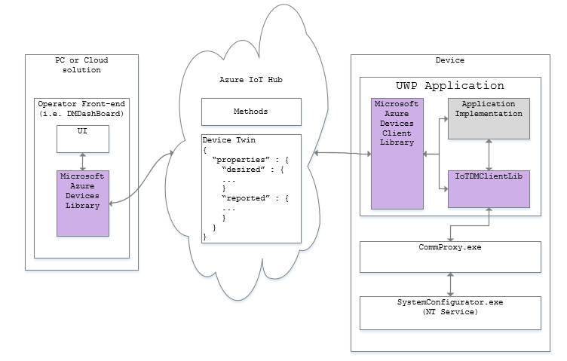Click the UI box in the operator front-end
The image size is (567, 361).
coord(83,139)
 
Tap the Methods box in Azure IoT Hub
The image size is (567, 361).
coord(251,112)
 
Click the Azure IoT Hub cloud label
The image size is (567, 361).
coord(250,80)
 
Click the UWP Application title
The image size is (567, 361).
coord(449,86)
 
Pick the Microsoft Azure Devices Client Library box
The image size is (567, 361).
coord(397,154)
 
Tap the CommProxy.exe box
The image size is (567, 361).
coord(450,256)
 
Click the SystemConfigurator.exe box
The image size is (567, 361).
coord(450,312)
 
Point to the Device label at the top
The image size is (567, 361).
coord(450,60)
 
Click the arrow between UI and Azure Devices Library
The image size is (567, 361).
coord(83,161)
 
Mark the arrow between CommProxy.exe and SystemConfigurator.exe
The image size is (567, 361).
coord(450,284)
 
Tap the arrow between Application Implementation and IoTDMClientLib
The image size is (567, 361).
coord(491,153)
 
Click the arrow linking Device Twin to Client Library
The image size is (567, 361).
coord(342,154)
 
